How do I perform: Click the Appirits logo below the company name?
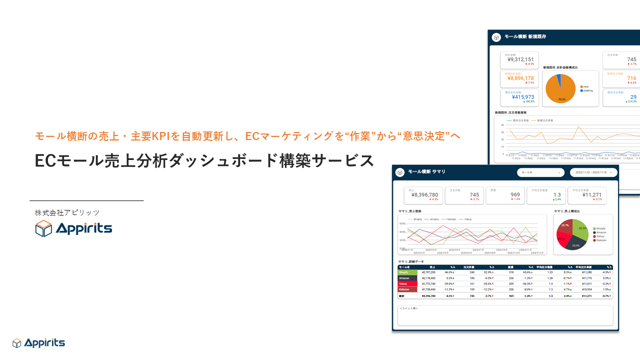point(73,228)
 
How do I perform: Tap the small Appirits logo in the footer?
point(38,343)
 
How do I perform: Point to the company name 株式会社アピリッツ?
point(67,212)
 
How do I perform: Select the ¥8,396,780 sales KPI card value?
point(423,194)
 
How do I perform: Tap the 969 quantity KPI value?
point(515,194)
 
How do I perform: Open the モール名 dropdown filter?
point(540,172)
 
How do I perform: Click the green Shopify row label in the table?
point(407,272)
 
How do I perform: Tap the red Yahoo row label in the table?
point(407,283)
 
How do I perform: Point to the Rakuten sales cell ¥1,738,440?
point(429,289)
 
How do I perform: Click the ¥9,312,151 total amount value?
point(520,59)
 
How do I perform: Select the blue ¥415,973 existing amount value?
point(520,97)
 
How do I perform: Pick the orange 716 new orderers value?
point(631,78)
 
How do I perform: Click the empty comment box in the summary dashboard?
point(505,316)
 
